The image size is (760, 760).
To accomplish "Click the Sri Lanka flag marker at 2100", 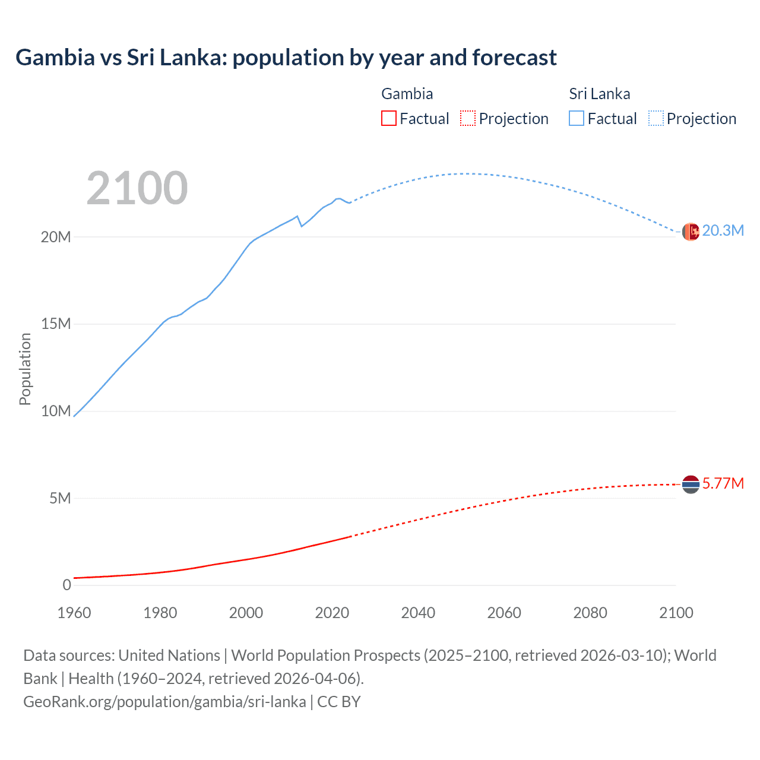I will (691, 232).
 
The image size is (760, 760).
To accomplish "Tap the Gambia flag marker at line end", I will (691, 484).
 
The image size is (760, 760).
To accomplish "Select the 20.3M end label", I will (723, 231).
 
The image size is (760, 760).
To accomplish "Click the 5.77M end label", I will (723, 483).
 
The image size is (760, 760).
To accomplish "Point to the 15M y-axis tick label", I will (56, 324).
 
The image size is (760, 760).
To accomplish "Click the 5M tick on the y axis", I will (59, 498).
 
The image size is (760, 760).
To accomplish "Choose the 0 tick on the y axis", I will (66, 585).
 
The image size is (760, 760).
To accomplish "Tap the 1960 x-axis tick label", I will (74, 613).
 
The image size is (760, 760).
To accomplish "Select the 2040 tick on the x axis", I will (418, 613).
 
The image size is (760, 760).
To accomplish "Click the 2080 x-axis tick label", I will (590, 613).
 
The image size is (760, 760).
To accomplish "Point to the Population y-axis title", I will (25, 369).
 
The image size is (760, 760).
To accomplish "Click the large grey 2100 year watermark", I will (137, 188).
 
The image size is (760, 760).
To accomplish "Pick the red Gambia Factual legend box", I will (388, 118).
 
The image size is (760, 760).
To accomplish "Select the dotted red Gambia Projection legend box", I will (468, 118).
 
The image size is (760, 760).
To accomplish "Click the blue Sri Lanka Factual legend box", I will (577, 118).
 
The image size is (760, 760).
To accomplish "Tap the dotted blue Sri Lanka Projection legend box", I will (656, 118).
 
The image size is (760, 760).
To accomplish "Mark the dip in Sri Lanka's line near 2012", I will (302, 226).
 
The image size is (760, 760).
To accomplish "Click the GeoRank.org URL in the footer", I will (164, 702).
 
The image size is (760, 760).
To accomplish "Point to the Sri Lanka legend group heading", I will (599, 94).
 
